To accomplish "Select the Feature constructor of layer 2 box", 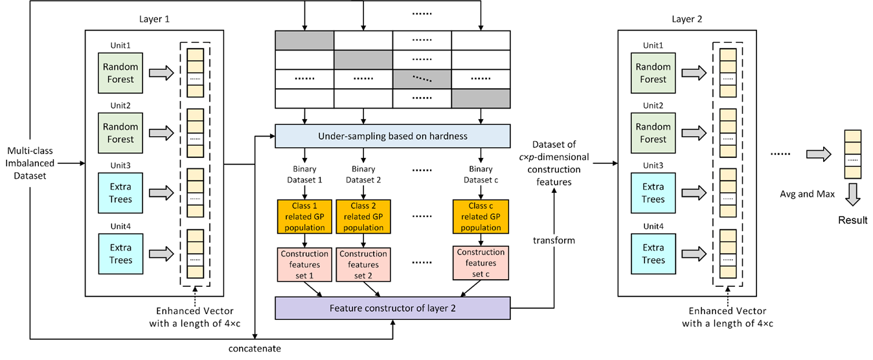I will [x=392, y=308].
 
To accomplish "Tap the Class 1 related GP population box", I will [x=304, y=216].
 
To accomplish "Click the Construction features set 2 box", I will [x=363, y=264].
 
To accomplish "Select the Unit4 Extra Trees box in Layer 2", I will [x=653, y=253].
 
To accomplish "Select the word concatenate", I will [x=255, y=349].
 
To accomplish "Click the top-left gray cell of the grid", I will [x=304, y=40].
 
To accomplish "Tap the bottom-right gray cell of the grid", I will [x=480, y=98].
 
